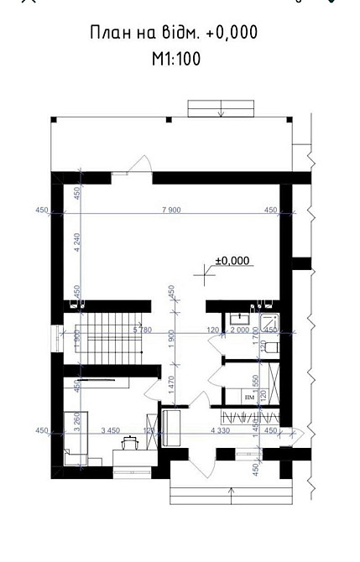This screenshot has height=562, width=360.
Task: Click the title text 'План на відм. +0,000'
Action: point(173,33)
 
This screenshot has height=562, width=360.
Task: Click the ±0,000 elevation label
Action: point(232,261)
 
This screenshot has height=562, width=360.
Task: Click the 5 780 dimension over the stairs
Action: point(141,331)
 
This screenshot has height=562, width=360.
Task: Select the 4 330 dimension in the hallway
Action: point(227,430)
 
